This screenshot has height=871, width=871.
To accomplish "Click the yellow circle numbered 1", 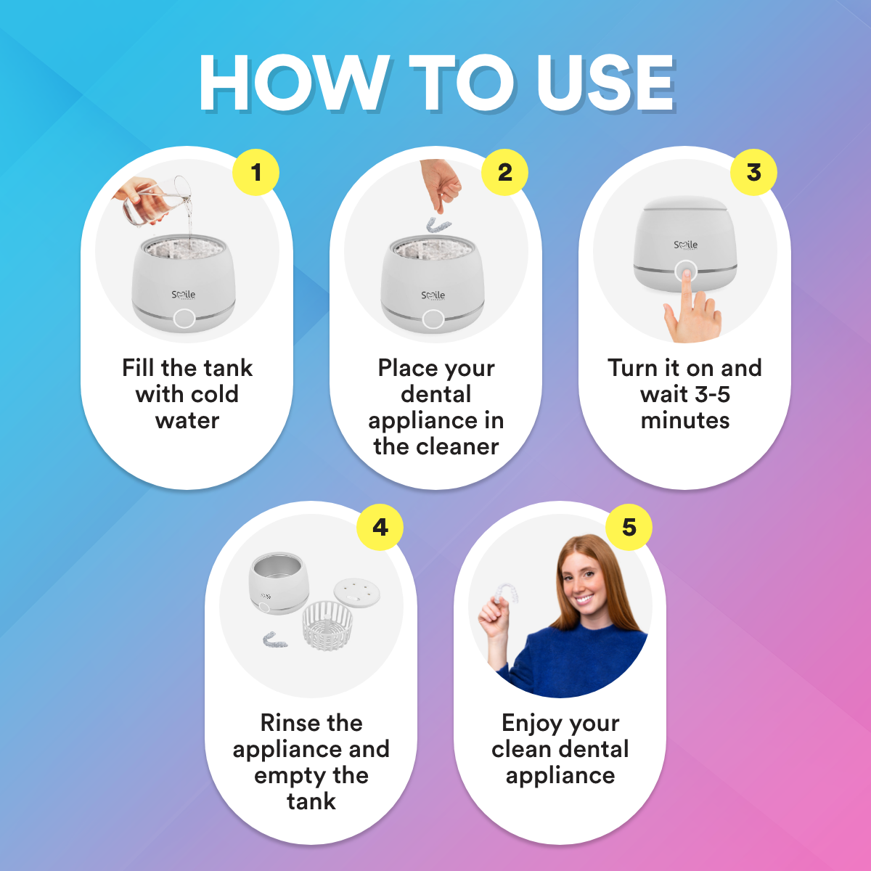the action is pyautogui.click(x=255, y=172).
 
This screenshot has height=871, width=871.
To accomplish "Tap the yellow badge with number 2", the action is pyautogui.click(x=504, y=172).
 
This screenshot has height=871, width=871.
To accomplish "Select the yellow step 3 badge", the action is pyautogui.click(x=753, y=172).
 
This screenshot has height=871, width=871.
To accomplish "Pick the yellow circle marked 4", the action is pyautogui.click(x=380, y=527).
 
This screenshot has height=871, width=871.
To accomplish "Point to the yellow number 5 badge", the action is pyautogui.click(x=629, y=527).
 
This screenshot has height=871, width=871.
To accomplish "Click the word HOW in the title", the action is pyautogui.click(x=294, y=83).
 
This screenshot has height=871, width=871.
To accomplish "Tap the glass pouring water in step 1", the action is pyautogui.click(x=158, y=202).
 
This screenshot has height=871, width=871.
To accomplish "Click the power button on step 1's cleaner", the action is pyautogui.click(x=184, y=318).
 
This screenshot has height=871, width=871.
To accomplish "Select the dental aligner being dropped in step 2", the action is pyautogui.click(x=438, y=224).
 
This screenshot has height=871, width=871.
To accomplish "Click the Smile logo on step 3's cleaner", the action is pyautogui.click(x=685, y=245).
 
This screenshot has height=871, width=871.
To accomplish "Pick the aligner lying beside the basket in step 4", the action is pyautogui.click(x=275, y=639).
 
